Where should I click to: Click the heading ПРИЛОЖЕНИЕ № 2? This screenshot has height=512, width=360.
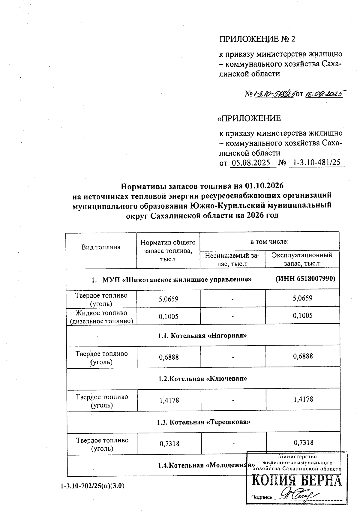pyautogui.click(x=258, y=39)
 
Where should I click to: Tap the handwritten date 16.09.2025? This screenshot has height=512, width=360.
pyautogui.click(x=324, y=94)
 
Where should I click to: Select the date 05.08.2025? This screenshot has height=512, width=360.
pyautogui.click(x=253, y=163)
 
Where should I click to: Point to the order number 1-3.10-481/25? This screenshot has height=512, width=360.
pyautogui.click(x=317, y=163)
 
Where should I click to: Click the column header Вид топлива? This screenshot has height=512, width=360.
pyautogui.click(x=101, y=247)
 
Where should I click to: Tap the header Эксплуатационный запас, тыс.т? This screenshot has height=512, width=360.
pyautogui.click(x=302, y=259)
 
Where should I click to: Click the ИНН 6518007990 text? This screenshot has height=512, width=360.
pyautogui.click(x=305, y=279)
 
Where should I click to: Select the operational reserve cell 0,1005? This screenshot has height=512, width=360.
pyautogui.click(x=303, y=316)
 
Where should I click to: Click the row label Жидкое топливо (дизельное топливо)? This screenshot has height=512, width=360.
pyautogui.click(x=101, y=317)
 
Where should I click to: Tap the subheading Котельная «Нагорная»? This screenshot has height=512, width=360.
pyautogui.click(x=202, y=335)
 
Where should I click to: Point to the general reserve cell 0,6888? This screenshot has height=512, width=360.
pyautogui.click(x=169, y=357)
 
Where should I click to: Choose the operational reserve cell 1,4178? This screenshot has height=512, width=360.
pyautogui.click(x=303, y=399)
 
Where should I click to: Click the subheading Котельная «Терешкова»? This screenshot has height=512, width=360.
pyautogui.click(x=203, y=422)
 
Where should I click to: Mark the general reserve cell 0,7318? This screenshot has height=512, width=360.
pyautogui.click(x=169, y=443)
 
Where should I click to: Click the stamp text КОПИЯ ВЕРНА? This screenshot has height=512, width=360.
pyautogui.click(x=296, y=481)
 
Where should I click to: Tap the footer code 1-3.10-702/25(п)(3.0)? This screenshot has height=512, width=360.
pyautogui.click(x=92, y=486)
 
